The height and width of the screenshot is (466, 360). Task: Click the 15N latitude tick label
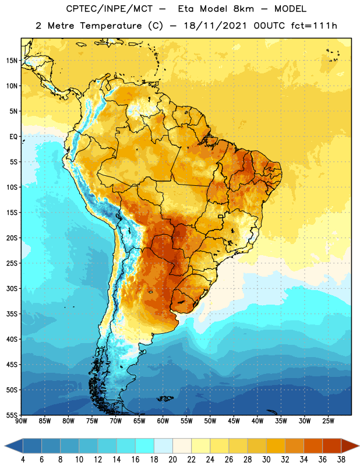click(12, 61)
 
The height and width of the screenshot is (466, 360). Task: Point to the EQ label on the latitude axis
click(13, 137)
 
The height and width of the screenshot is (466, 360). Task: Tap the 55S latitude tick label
click(12, 415)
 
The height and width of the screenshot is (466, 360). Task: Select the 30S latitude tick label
click(12, 288)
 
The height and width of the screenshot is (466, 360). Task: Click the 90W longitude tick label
click(21, 421)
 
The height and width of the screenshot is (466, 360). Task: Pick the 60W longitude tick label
click(163, 421)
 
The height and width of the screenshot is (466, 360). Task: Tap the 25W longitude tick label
click(329, 421)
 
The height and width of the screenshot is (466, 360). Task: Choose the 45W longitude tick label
click(234, 421)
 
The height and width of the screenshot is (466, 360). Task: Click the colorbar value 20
click(172, 460)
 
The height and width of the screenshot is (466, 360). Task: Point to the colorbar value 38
click(341, 460)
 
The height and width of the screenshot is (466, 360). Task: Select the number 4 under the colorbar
click(23, 460)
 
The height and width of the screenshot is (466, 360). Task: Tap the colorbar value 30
click(266, 460)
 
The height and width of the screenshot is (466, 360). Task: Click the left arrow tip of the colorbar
click(5, 446)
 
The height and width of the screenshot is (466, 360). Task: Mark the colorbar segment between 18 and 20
click(163, 446)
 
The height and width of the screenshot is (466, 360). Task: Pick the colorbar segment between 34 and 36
click(313, 446)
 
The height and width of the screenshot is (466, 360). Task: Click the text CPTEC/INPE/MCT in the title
click(109, 9)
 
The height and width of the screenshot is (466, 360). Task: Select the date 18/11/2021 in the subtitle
click(216, 26)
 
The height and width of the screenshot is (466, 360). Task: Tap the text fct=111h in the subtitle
click(314, 26)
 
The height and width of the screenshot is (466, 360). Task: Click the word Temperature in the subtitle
click(111, 26)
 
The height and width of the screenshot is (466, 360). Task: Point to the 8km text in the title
click(243, 9)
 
